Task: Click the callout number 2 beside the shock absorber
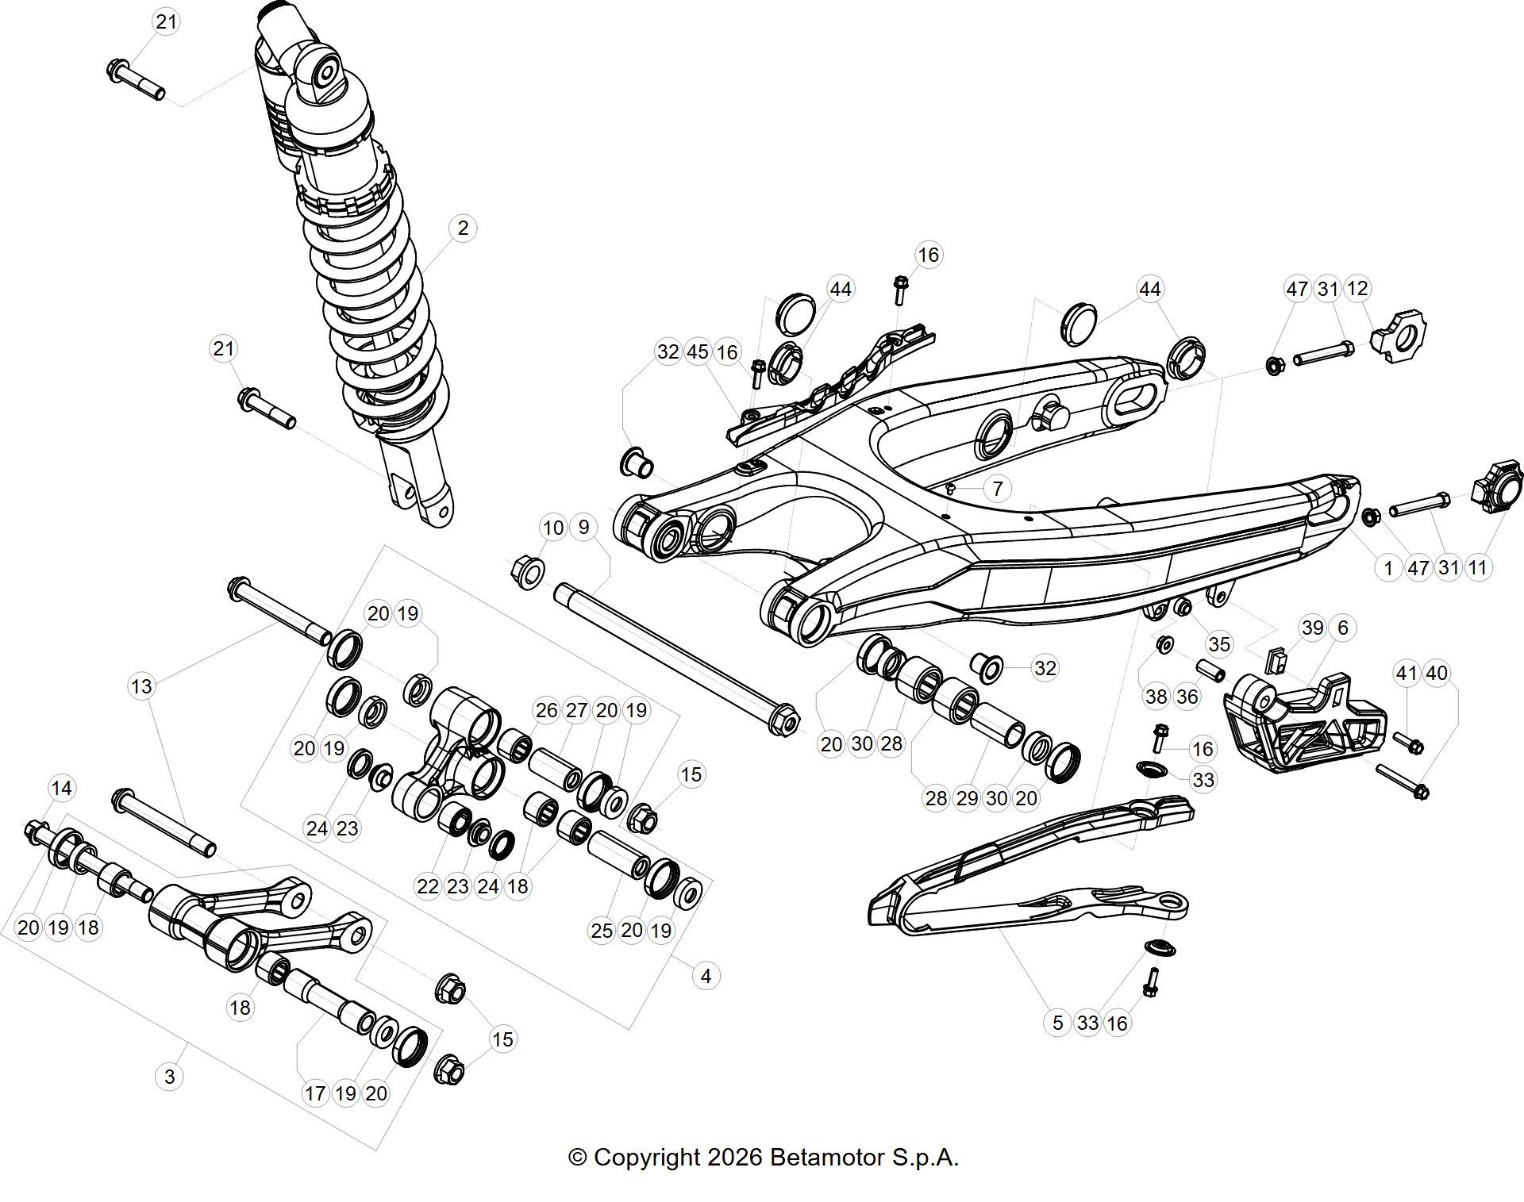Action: (463, 228)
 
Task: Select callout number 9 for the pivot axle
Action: (583, 527)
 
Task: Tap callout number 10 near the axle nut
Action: (553, 527)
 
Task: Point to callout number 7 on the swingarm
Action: (998, 489)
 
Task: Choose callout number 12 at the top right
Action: (1358, 289)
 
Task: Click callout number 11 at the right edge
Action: (1477, 567)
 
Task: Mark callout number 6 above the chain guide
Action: (1342, 628)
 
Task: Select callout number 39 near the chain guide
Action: (1313, 628)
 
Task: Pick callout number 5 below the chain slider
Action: (1057, 1023)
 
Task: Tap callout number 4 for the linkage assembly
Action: (706, 976)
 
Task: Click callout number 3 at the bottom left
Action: (169, 1077)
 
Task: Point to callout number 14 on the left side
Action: (61, 788)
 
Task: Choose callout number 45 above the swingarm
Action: (698, 351)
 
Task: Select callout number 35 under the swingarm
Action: (1219, 643)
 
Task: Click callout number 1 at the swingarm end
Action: (1388, 567)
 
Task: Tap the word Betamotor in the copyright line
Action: (827, 1158)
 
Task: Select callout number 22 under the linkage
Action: (428, 885)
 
